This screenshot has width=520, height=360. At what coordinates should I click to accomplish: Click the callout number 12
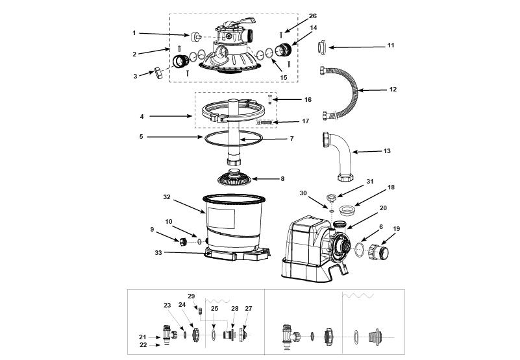coord(393,89)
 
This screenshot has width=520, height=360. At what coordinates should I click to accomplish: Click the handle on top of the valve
coord(240,22)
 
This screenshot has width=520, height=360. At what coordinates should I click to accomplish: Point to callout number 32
coord(166,197)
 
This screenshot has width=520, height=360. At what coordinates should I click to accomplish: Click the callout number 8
coord(282,178)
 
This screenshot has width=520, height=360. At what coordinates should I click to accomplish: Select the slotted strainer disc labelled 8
coord(234,178)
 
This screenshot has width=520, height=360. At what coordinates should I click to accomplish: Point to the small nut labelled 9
coord(183,242)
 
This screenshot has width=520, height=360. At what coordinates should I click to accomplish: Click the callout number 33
coord(158,252)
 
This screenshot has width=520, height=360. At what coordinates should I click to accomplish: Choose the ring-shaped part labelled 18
coord(347,210)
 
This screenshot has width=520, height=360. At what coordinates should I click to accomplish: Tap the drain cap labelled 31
coord(331,198)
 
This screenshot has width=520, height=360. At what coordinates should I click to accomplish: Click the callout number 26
coord(313,16)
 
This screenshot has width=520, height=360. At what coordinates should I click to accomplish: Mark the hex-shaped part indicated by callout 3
coord(158,72)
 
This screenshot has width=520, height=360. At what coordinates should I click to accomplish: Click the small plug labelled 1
coord(195,37)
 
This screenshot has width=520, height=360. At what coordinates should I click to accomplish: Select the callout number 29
coord(192,296)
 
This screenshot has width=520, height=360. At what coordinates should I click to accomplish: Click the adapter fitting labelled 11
coord(322,48)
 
